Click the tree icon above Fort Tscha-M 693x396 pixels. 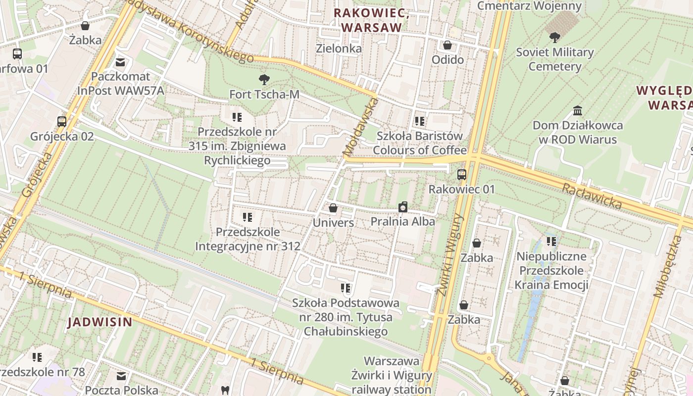264,79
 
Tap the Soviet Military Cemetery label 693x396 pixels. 554,59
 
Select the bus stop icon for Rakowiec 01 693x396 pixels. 461,174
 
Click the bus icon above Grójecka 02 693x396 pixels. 62,121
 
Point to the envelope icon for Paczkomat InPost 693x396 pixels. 120,62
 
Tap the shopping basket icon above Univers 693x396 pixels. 333,208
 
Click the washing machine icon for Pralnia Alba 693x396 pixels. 403,207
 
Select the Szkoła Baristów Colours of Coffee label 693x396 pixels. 420,143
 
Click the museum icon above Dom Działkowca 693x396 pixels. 577,110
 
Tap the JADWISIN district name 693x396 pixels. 100,322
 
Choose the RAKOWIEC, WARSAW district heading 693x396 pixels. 371,20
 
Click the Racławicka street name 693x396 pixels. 592,195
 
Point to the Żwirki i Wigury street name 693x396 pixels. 449,255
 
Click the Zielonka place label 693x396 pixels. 339,49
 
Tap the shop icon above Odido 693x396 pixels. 447,45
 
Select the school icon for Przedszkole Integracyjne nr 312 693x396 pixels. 247,217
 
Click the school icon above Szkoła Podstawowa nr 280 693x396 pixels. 346,288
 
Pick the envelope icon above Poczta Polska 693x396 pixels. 121,376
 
